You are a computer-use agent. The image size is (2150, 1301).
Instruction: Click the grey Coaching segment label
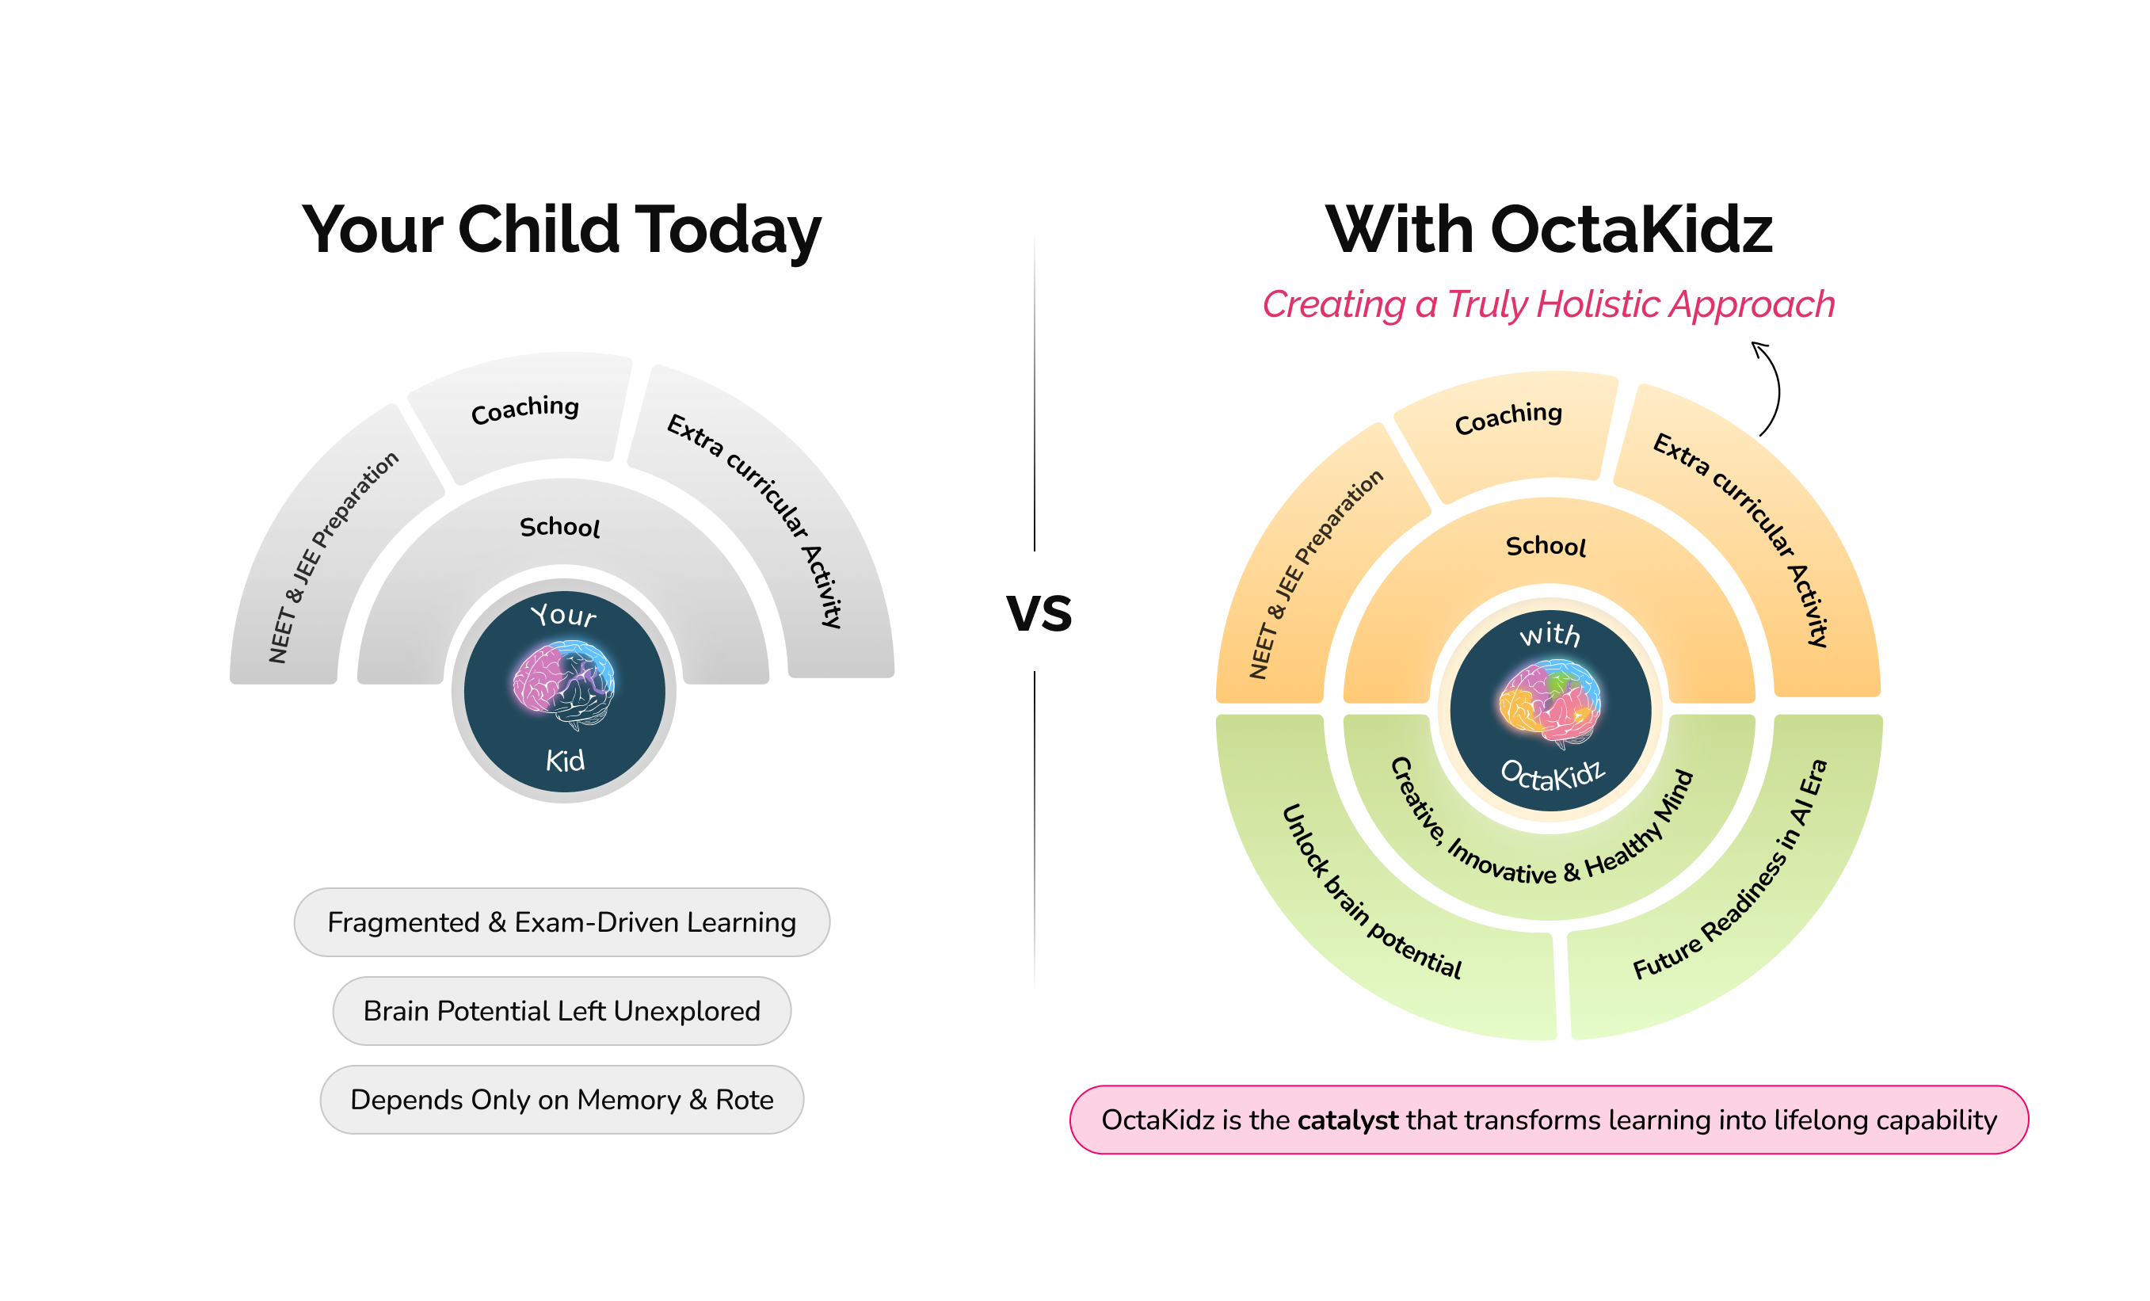pyautogui.click(x=524, y=409)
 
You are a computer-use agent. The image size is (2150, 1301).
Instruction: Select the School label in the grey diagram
pyautogui.click(x=559, y=527)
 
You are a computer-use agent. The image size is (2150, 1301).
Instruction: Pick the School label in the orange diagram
pyautogui.click(x=1546, y=546)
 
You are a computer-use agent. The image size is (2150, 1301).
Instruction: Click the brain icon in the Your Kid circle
pyautogui.click(x=564, y=685)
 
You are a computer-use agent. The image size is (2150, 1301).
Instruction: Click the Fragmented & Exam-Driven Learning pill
pyautogui.click(x=561, y=922)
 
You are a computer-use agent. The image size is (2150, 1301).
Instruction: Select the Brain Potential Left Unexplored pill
pyautogui.click(x=561, y=1010)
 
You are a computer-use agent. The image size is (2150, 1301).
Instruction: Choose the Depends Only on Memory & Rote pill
pyautogui.click(x=561, y=1100)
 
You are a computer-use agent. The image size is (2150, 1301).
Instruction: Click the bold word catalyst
pyautogui.click(x=1348, y=1120)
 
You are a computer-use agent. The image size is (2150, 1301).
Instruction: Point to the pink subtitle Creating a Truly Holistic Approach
pyautogui.click(x=1548, y=304)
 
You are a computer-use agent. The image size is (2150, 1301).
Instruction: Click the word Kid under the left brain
pyautogui.click(x=565, y=761)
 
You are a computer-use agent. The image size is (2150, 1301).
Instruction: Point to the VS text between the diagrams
pyautogui.click(x=1039, y=612)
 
